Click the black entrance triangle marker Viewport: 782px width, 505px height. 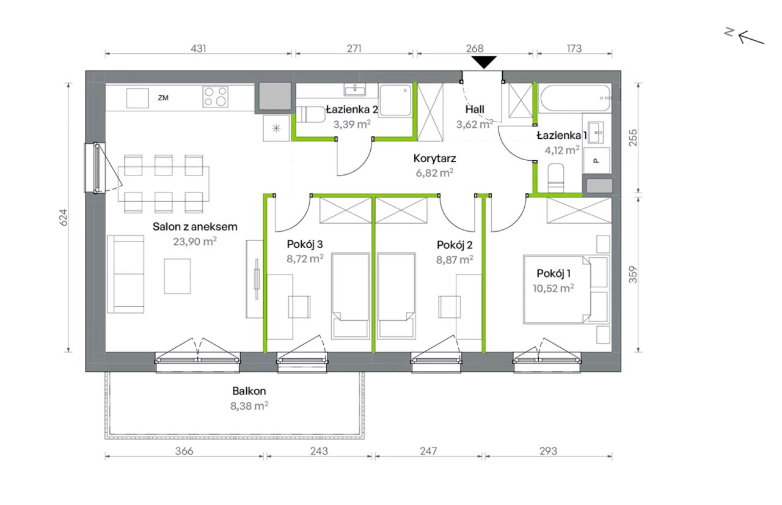(484, 62)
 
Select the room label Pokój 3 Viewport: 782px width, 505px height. (305, 244)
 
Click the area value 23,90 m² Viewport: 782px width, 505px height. (195, 241)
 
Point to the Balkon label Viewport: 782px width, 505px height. (249, 391)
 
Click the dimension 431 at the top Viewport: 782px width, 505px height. (199, 48)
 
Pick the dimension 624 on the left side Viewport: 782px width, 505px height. (64, 217)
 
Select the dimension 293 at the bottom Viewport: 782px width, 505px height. (548, 451)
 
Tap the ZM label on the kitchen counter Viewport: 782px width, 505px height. (163, 98)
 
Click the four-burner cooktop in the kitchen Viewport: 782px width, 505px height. (216, 97)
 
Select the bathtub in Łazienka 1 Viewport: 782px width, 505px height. (575, 98)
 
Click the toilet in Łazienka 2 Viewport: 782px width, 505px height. (307, 114)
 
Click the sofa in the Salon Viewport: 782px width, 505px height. (126, 274)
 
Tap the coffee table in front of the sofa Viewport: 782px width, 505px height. (177, 276)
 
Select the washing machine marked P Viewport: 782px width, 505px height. (597, 161)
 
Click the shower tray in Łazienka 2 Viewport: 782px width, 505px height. (395, 100)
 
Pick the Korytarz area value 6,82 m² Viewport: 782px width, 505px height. (434, 172)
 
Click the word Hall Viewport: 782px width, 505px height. (475, 109)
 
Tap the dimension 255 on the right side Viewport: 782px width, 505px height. (632, 138)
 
